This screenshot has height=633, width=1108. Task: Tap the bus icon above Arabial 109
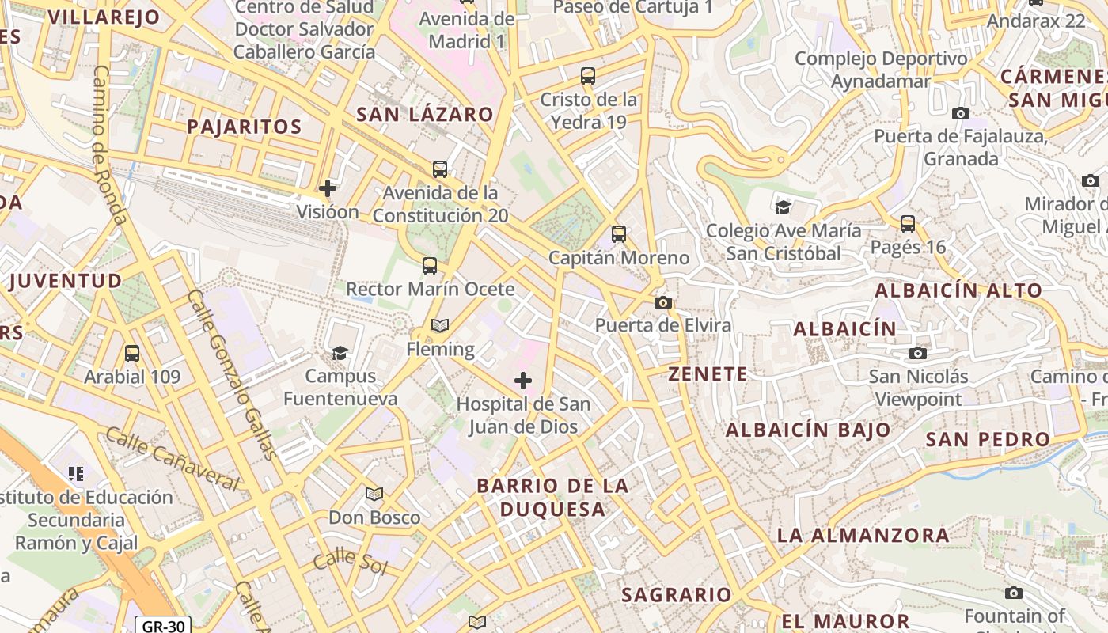(x=132, y=354)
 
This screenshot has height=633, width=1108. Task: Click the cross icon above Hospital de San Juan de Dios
(x=523, y=381)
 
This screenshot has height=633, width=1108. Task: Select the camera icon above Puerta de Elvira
(x=663, y=302)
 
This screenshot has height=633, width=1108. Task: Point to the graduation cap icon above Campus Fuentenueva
(x=340, y=353)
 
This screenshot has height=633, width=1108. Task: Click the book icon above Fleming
(x=440, y=325)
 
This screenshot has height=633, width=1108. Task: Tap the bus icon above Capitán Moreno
(x=619, y=234)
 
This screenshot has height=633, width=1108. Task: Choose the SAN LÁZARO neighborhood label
(x=425, y=115)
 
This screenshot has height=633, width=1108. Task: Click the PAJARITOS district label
(x=245, y=127)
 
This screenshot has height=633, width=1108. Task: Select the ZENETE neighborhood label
(x=708, y=374)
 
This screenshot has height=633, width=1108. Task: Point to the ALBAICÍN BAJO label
(x=808, y=430)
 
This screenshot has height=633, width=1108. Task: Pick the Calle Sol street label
(x=350, y=563)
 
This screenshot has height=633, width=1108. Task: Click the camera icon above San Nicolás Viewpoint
(x=918, y=353)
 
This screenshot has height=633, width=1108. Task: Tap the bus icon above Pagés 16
(x=908, y=224)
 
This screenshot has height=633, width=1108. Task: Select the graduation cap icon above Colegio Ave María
(x=783, y=207)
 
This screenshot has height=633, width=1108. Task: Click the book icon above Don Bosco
(x=374, y=495)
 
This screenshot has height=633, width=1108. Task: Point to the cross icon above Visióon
(x=328, y=188)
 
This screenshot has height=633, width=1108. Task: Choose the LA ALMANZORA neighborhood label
(x=863, y=536)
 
